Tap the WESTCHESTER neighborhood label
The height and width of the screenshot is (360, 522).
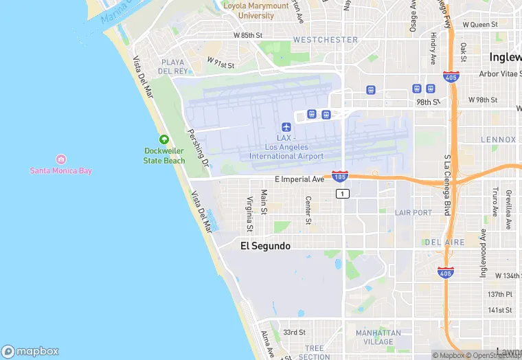coord(325,40)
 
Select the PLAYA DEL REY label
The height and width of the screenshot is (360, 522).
coord(172,67)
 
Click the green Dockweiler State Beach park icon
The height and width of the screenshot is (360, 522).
coord(164,139)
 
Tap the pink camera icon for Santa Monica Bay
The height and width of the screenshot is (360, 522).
coord(61,159)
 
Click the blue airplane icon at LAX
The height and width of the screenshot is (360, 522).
coord(286,127)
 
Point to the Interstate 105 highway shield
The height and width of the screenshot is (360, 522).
coord(339,177)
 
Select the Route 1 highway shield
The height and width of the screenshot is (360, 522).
coord(342,194)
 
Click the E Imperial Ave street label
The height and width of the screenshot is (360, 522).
coord(299,179)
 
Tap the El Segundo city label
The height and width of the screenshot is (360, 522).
coord(265,246)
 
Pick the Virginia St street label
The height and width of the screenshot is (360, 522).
coord(249,213)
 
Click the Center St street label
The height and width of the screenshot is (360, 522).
coord(308,210)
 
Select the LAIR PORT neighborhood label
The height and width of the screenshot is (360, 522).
coord(413,213)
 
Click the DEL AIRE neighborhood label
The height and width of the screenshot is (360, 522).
coord(444,243)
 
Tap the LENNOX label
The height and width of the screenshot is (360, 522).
coord(498,139)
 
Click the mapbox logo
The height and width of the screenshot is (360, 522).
coord(31,351)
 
